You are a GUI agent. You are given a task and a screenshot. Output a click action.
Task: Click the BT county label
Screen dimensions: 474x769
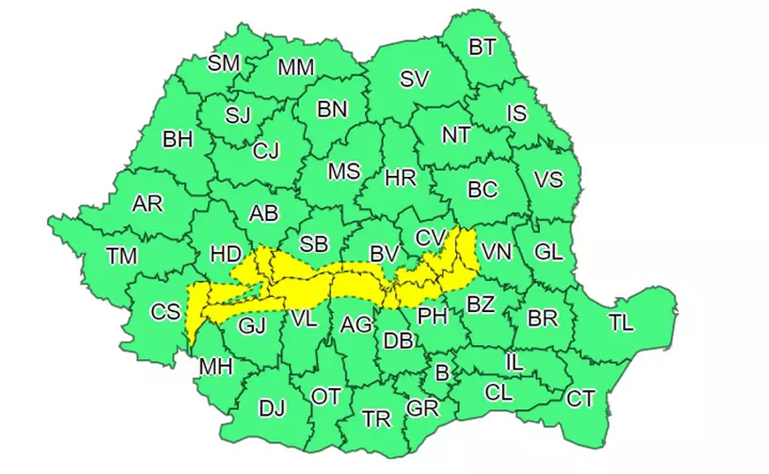click(482, 48)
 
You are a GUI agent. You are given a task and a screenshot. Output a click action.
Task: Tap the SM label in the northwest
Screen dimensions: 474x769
click(224, 63)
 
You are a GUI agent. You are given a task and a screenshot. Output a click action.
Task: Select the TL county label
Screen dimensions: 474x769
click(621, 323)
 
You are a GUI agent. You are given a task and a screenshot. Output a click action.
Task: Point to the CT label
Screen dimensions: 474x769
click(580, 399)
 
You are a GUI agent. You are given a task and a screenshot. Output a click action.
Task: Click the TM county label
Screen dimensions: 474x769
click(122, 256)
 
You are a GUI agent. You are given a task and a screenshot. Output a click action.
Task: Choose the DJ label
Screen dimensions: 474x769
click(272, 408)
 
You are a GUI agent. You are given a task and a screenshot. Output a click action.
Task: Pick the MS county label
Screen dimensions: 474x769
click(344, 172)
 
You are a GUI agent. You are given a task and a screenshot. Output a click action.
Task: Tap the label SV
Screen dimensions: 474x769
click(414, 80)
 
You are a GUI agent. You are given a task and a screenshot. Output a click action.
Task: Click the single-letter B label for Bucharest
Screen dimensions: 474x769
click(442, 373)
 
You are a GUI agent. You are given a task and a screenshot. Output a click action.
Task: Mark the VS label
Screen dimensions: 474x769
click(549, 180)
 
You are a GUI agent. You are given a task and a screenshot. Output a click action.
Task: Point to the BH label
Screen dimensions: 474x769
click(178, 140)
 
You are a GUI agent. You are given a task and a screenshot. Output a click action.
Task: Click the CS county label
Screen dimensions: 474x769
click(165, 311)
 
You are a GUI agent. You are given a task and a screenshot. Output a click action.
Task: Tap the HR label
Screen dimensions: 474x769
click(400, 179)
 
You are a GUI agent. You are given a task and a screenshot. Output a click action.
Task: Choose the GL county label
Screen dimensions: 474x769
click(548, 251)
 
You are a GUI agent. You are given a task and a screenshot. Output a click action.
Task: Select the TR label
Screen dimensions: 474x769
click(377, 419)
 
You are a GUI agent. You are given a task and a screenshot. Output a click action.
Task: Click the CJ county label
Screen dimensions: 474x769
click(265, 151)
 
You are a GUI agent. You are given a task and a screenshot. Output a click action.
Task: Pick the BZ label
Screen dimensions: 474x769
click(480, 305)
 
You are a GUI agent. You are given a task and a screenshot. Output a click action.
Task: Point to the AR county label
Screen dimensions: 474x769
click(148, 204)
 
